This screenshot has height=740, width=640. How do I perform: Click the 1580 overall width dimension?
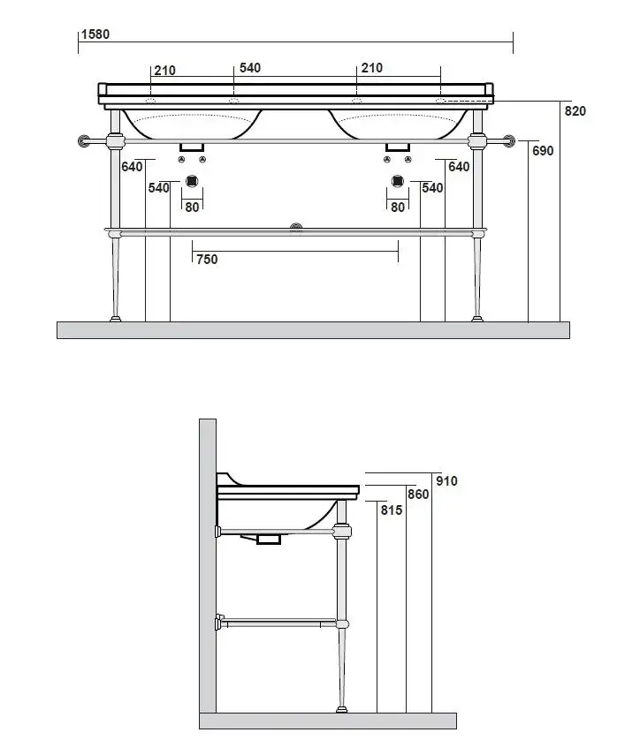click(x=95, y=34)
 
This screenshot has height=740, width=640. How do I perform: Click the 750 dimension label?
click(x=207, y=259)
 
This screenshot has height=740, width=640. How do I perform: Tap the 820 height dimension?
click(x=575, y=111)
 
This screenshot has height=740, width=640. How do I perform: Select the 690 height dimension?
click(x=543, y=151)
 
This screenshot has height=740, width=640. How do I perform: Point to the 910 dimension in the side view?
click(x=447, y=481)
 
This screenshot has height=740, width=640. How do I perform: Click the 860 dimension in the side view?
click(x=418, y=495)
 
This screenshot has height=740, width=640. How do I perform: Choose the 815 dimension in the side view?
click(x=392, y=510)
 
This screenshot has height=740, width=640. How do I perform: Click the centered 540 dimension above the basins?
click(x=250, y=68)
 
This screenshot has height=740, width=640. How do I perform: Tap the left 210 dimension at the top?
click(x=164, y=71)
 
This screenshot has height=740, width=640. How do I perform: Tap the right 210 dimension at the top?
click(x=371, y=68)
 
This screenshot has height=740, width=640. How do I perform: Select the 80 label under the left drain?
click(x=193, y=207)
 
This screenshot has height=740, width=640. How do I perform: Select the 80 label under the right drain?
click(x=398, y=207)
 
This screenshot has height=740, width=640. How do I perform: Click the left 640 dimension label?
click(x=132, y=166)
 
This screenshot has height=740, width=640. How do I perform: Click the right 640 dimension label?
click(x=459, y=166)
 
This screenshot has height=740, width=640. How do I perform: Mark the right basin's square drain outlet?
click(x=398, y=183)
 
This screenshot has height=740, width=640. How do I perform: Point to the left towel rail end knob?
click(x=86, y=140)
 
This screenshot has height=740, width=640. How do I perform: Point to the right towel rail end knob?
click(x=509, y=140)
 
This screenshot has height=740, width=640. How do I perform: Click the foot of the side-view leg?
click(x=341, y=707)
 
